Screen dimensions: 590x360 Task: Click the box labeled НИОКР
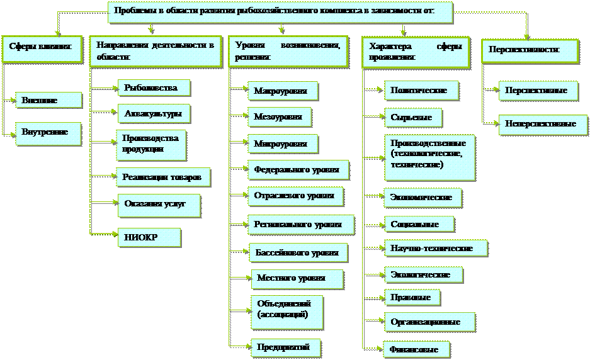click(149, 237)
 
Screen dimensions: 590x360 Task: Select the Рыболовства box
click(153, 88)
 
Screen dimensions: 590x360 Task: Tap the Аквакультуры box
click(153, 113)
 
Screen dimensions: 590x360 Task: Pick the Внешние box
click(48, 100)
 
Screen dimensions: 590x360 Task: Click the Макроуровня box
click(281, 91)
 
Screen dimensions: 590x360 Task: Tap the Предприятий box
click(284, 347)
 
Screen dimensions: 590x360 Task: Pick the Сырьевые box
click(412, 117)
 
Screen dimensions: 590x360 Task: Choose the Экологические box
click(423, 274)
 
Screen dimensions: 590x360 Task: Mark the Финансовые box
click(416, 349)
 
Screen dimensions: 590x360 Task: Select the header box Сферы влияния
click(42, 48)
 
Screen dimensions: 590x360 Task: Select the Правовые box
click(411, 296)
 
